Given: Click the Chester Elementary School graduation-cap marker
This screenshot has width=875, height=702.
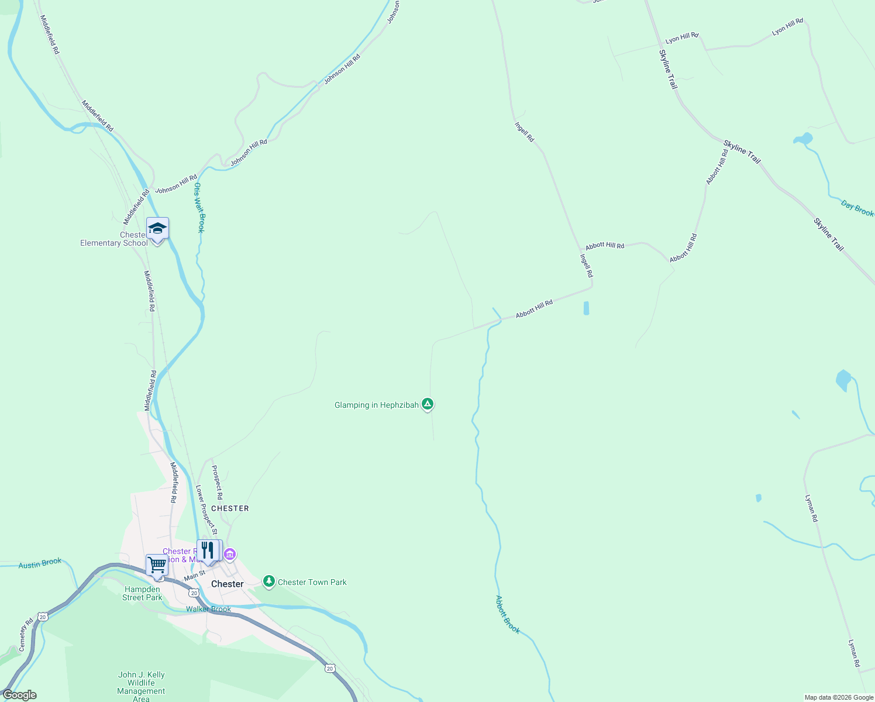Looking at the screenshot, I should pyautogui.click(x=157, y=229).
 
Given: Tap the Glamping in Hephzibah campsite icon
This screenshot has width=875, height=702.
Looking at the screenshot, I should pyautogui.click(x=428, y=404).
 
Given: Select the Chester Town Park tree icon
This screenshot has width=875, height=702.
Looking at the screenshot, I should pyautogui.click(x=268, y=581).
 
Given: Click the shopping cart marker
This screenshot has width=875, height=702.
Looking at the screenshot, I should pyautogui.click(x=157, y=565).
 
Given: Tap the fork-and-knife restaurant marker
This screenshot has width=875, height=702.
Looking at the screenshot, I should pyautogui.click(x=207, y=550).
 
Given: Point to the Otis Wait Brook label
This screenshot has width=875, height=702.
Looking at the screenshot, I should pyautogui.click(x=199, y=207).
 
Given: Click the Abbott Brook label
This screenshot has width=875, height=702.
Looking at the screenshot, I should pyautogui.click(x=507, y=614).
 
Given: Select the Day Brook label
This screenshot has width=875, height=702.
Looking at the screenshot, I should pyautogui.click(x=857, y=208).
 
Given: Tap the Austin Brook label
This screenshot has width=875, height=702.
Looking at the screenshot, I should pyautogui.click(x=40, y=563).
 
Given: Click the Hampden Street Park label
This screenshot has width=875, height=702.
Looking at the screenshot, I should pyautogui.click(x=142, y=593).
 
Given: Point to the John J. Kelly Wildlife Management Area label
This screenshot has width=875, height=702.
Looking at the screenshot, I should pyautogui.click(x=141, y=686).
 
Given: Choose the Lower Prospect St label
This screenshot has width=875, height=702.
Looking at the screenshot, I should pyautogui.click(x=206, y=510).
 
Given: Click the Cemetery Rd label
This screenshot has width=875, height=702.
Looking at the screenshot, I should pyautogui.click(x=26, y=635).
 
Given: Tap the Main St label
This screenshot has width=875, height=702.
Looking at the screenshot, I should pyautogui.click(x=194, y=576).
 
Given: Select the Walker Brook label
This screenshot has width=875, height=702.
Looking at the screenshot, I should pyautogui.click(x=208, y=609).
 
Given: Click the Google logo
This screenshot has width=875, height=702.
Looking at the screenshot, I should pyautogui.click(x=20, y=695).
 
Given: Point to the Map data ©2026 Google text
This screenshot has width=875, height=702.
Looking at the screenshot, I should pyautogui.click(x=839, y=697).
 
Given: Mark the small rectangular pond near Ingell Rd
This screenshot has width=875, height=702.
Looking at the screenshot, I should pyautogui.click(x=586, y=308).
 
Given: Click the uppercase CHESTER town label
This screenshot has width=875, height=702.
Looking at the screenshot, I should pyautogui.click(x=230, y=508).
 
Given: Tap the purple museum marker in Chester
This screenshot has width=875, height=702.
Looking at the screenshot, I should pyautogui.click(x=230, y=553).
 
